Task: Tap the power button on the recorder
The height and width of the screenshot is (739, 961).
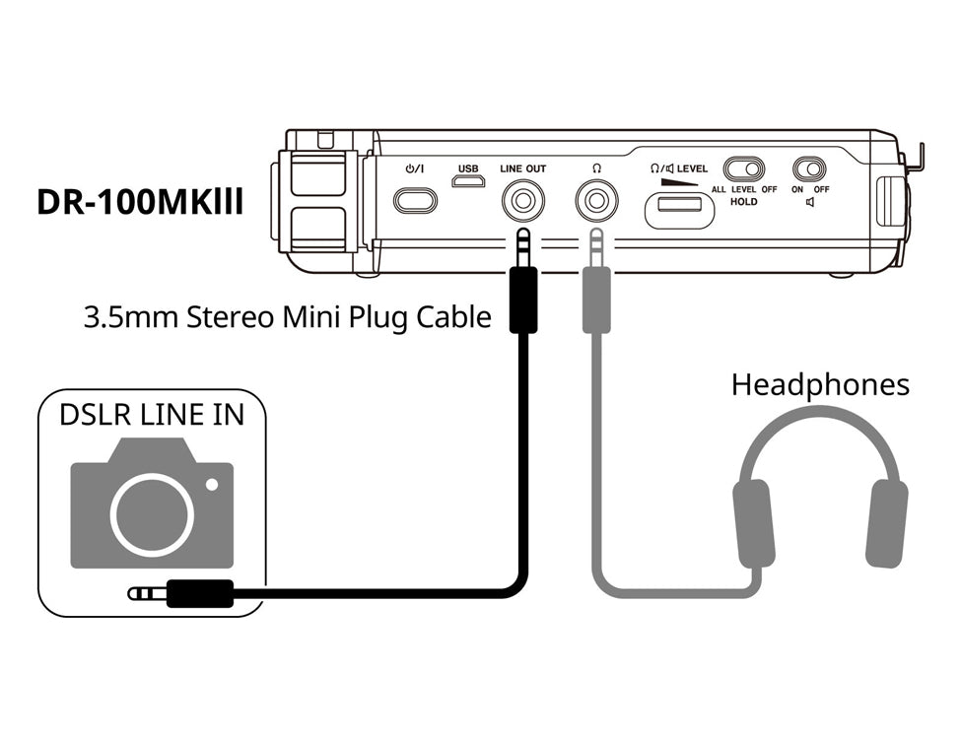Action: pyautogui.click(x=414, y=201)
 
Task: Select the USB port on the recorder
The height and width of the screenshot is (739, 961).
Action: pyautogui.click(x=468, y=182)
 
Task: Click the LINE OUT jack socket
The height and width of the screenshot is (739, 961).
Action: pyautogui.click(x=522, y=203)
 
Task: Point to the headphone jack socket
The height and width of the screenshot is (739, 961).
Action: pyautogui.click(x=595, y=203)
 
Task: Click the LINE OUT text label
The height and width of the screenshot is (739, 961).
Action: pyautogui.click(x=522, y=168)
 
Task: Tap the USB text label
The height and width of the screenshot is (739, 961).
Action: pyautogui.click(x=468, y=168)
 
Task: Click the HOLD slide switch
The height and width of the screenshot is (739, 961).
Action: pyautogui.click(x=745, y=168)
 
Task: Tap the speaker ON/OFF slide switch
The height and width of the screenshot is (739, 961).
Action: pyautogui.click(x=809, y=168)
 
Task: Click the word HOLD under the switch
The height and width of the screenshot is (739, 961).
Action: pyautogui.click(x=744, y=201)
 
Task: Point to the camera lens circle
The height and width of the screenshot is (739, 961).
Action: pyautogui.click(x=152, y=514)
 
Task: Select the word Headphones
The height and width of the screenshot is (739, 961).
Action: pyautogui.click(x=820, y=384)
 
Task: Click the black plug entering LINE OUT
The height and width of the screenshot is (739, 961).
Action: pyautogui.click(x=522, y=286)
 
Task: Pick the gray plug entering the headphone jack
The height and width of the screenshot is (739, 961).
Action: pyautogui.click(x=595, y=286)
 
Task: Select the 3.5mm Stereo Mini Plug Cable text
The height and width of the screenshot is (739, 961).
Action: pyautogui.click(x=287, y=318)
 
